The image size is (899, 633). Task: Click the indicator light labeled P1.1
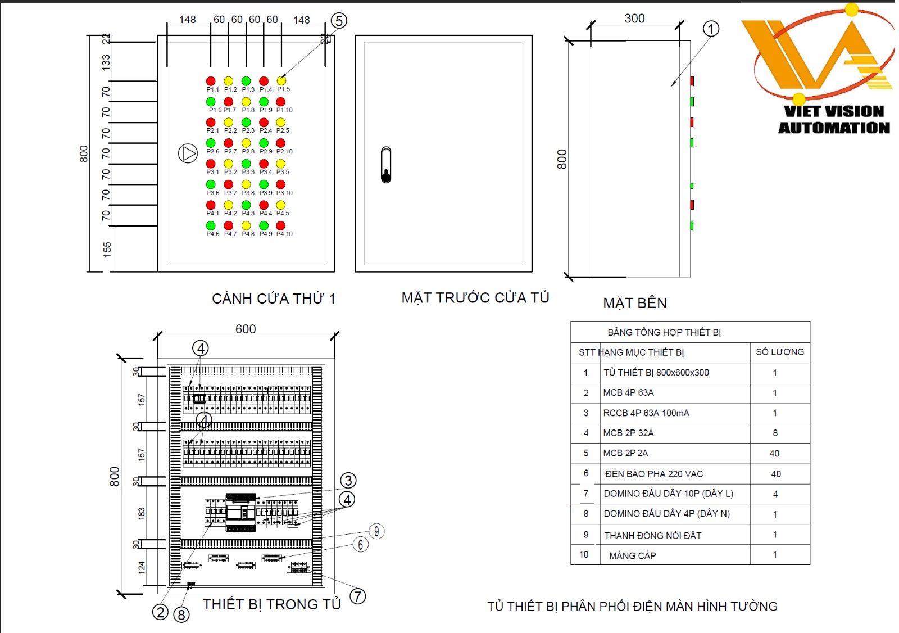(x=211, y=81)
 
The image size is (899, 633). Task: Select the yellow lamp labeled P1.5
(x=281, y=81)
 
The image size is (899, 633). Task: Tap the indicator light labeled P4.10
(x=281, y=225)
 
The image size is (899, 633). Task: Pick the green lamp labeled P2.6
(x=211, y=143)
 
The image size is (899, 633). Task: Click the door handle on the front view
(x=386, y=165)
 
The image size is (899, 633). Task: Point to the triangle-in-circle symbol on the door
(x=188, y=153)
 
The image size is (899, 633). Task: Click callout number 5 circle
(x=338, y=21)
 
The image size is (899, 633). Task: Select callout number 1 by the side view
(x=711, y=29)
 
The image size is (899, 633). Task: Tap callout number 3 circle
(x=348, y=480)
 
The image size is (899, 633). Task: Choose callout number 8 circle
(x=181, y=614)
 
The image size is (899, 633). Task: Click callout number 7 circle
(x=358, y=596)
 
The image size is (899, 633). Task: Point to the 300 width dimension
(x=634, y=19)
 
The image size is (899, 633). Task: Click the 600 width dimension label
(x=246, y=329)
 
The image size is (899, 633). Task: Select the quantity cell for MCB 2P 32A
(x=775, y=433)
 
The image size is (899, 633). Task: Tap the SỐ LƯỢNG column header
(x=780, y=352)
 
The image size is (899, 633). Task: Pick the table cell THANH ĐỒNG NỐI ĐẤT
(x=653, y=536)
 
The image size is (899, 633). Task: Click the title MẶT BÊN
(x=635, y=303)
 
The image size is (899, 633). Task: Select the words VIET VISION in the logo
(x=834, y=111)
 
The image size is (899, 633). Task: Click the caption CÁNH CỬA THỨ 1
(x=274, y=299)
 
